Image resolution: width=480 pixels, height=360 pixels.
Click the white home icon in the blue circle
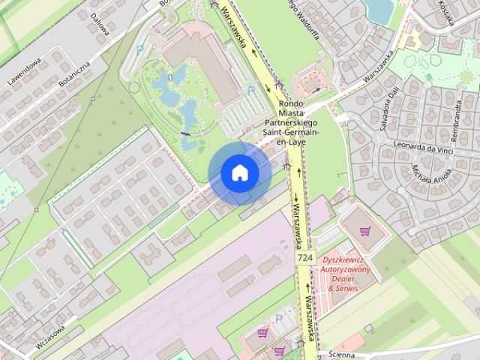(x=239, y=173)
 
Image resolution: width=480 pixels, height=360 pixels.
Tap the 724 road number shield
(x=304, y=257)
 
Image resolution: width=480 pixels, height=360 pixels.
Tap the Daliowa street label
(x=100, y=18)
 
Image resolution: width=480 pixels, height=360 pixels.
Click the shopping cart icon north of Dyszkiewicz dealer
(x=365, y=232)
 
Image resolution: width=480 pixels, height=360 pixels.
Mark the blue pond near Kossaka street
(x=379, y=9)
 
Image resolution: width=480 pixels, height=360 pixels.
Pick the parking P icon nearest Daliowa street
(x=140, y=49)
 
